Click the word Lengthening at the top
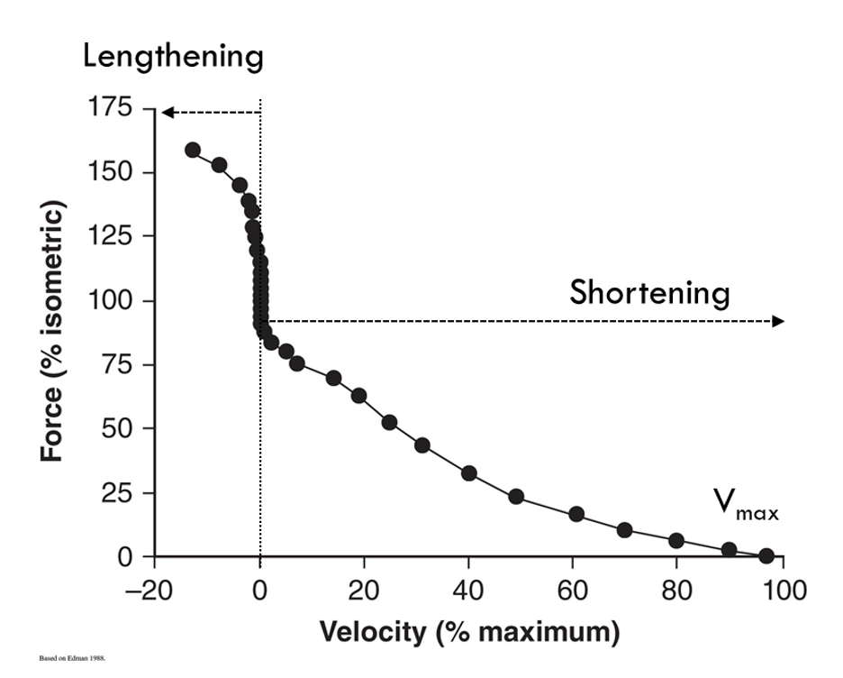[173, 57]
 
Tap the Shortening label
[649, 293]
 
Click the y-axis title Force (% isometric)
[53, 332]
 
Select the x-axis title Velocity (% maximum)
[469, 631]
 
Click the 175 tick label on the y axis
[114, 108]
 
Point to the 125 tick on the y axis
[114, 236]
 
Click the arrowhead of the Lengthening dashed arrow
[167, 113]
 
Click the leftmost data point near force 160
[192, 150]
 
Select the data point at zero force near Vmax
[766, 555]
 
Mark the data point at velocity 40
[468, 473]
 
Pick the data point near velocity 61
[576, 514]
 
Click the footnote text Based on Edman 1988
[73, 659]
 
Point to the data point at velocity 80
[676, 541]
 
